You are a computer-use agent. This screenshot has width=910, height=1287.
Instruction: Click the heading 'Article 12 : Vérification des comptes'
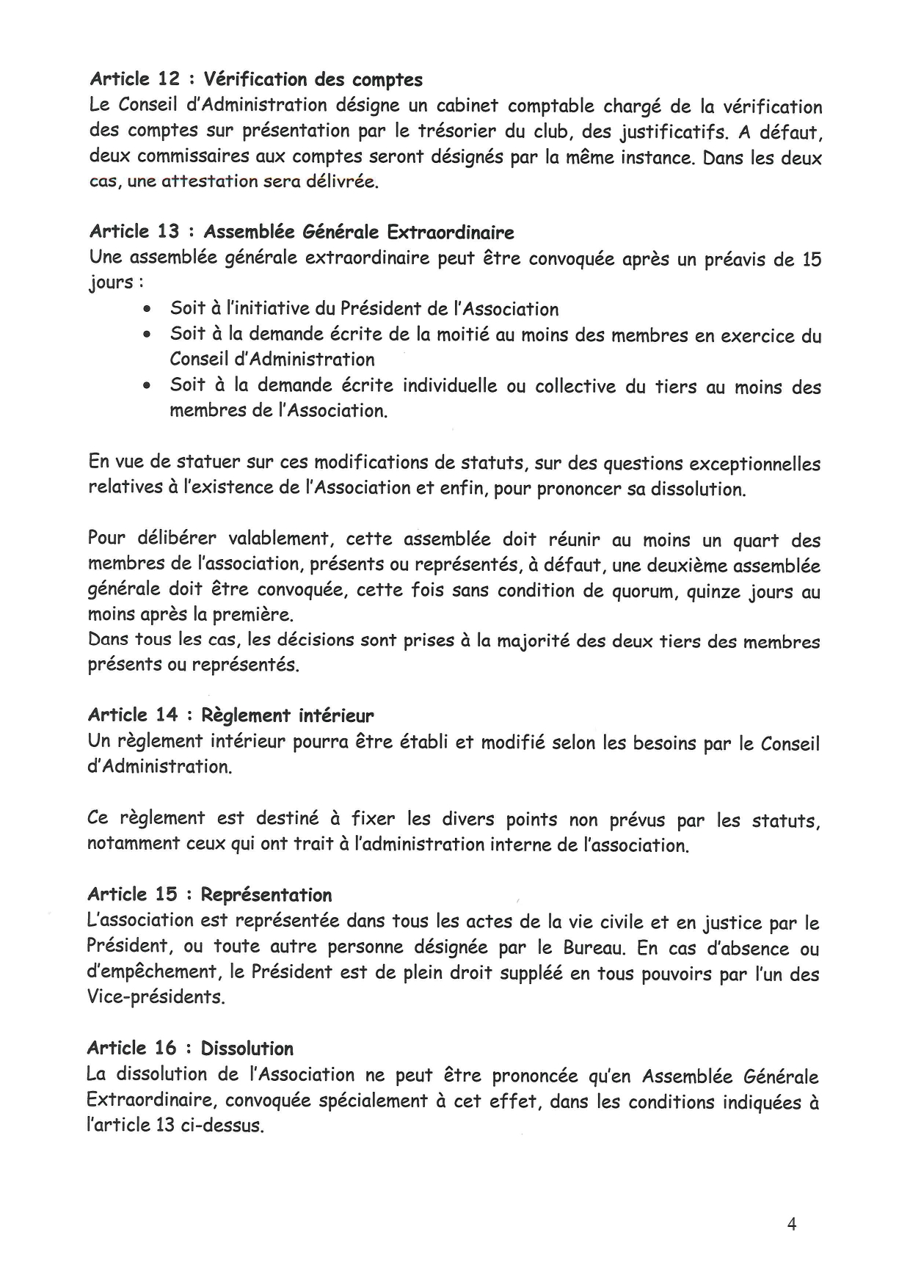click(x=255, y=79)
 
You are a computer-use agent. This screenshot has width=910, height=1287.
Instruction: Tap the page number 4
click(x=791, y=1224)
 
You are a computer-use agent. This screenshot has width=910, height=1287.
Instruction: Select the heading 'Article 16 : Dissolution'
click(x=190, y=1048)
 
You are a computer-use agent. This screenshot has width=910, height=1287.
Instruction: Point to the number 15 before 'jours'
click(x=811, y=260)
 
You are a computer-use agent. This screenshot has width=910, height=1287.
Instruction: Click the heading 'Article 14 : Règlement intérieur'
click(x=230, y=715)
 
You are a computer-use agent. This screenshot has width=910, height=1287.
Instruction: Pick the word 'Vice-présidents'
click(x=155, y=998)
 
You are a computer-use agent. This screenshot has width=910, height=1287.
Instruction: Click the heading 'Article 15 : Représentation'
click(x=209, y=894)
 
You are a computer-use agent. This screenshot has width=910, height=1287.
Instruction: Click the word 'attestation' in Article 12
click(x=209, y=181)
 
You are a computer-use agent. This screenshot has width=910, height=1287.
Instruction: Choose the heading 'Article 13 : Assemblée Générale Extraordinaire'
click(x=301, y=233)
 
